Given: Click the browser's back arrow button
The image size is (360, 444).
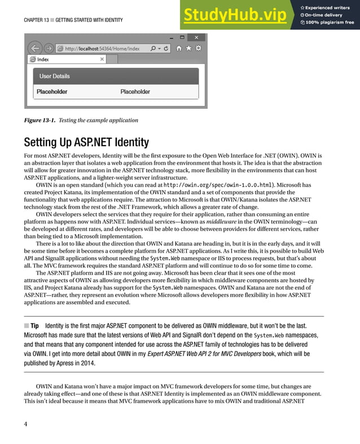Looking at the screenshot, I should pyautogui.click(x=35, y=49).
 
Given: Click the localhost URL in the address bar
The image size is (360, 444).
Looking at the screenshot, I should pyautogui.click(x=102, y=49).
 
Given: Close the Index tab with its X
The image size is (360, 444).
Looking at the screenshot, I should pyautogui.click(x=102, y=59).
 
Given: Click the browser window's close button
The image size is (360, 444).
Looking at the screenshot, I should pyautogui.click(x=196, y=38).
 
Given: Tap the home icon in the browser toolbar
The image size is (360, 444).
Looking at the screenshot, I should pyautogui.click(x=179, y=49).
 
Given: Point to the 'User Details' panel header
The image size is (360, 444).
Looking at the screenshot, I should pyautogui.click(x=55, y=76).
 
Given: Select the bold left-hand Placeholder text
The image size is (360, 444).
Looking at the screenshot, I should pyautogui.click(x=52, y=91).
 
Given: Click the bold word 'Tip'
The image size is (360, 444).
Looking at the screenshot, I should pyautogui.click(x=34, y=326).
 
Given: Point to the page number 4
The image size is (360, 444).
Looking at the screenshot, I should pyautogui.click(x=26, y=424).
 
